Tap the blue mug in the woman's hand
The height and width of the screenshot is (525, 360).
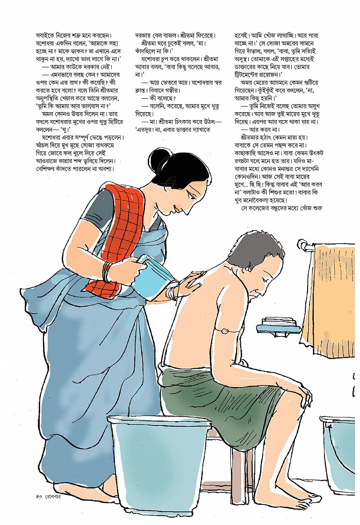coord(155,272)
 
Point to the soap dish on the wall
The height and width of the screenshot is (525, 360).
coord(279,326)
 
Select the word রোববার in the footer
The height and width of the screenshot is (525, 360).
coord(54,496)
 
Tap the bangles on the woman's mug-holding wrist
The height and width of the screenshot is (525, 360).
coord(107,272)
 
